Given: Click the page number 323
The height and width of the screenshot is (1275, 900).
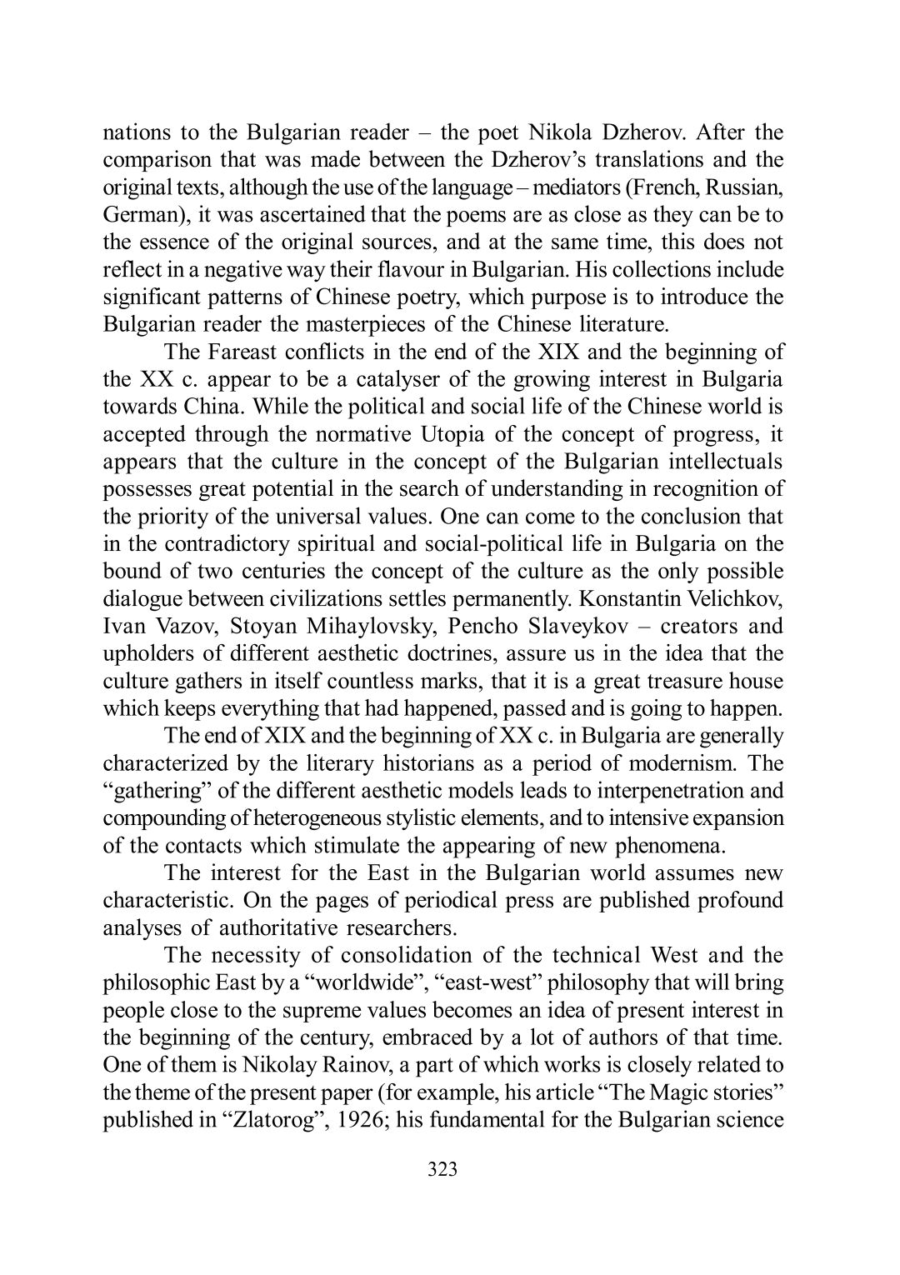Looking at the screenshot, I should click(442, 1170).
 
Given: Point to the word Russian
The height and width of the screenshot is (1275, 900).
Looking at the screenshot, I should click(740, 187).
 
